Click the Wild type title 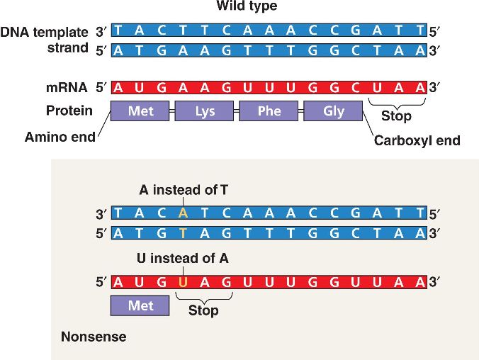[x=247, y=7]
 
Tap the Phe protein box [x=269, y=111]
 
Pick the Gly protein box [x=333, y=111]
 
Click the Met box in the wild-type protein [x=141, y=111]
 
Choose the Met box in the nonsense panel [x=140, y=306]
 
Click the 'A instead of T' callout [x=184, y=190]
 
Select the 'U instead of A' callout [x=184, y=259]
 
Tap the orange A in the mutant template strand [x=184, y=213]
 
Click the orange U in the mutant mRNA [x=184, y=282]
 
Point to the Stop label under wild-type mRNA [x=396, y=116]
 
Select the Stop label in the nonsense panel [x=203, y=310]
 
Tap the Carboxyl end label [x=417, y=140]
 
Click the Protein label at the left [x=69, y=111]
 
